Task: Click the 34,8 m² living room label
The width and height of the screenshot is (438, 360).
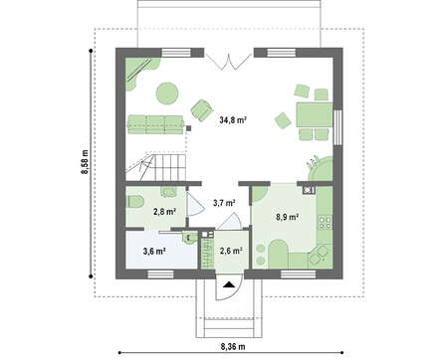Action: [233, 120]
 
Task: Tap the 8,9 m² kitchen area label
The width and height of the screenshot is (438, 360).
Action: [287, 217]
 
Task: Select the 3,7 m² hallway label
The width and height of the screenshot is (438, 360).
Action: [224, 203]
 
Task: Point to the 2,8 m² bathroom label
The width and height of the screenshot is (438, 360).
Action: [164, 212]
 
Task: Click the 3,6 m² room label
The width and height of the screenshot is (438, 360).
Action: [154, 252]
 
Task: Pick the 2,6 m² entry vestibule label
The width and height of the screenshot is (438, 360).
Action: [231, 251]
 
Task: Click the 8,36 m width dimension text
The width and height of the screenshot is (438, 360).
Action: [233, 347]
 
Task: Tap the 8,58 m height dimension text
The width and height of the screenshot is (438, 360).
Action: [85, 161]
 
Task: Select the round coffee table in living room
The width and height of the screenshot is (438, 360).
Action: [167, 93]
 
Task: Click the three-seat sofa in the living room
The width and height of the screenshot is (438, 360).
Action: [155, 124]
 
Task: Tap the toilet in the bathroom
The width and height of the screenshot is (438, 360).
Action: [135, 202]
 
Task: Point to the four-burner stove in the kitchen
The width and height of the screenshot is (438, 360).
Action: [325, 223]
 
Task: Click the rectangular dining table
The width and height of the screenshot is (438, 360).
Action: [315, 114]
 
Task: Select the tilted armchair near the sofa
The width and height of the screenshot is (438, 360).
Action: [201, 109]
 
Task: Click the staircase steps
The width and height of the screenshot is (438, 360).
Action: [156, 167]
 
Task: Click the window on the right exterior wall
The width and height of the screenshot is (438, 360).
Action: [337, 127]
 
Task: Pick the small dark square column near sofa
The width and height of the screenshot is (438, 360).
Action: [189, 128]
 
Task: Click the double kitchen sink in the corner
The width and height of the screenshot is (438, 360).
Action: [320, 256]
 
